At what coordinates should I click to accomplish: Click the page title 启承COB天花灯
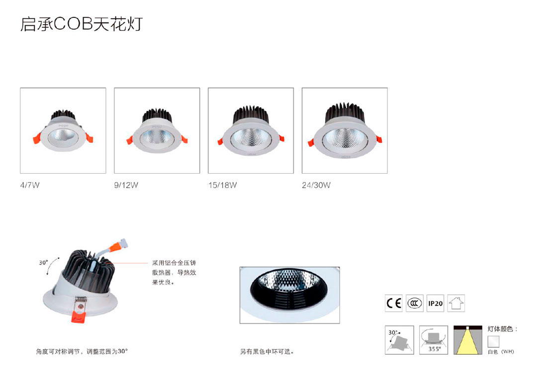click(81, 24)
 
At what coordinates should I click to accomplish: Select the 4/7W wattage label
click(29, 186)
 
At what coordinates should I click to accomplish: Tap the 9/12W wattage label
click(126, 186)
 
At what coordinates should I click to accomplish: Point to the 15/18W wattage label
click(222, 186)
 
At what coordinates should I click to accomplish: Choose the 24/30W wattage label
click(316, 186)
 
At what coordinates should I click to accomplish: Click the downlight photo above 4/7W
click(63, 130)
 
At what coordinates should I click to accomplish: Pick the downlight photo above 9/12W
click(157, 130)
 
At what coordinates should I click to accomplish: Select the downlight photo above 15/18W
click(251, 130)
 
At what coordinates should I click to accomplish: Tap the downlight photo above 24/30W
click(345, 130)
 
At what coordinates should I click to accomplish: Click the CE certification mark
click(393, 303)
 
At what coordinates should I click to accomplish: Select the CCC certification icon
click(414, 303)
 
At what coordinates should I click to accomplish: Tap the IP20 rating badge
click(435, 303)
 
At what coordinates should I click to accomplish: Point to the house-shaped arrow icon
click(456, 303)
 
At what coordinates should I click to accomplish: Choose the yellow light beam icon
click(467, 340)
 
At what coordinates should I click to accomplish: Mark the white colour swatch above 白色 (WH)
click(493, 341)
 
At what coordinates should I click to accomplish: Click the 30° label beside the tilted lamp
click(44, 263)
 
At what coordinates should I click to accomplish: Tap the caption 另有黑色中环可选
click(267, 352)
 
